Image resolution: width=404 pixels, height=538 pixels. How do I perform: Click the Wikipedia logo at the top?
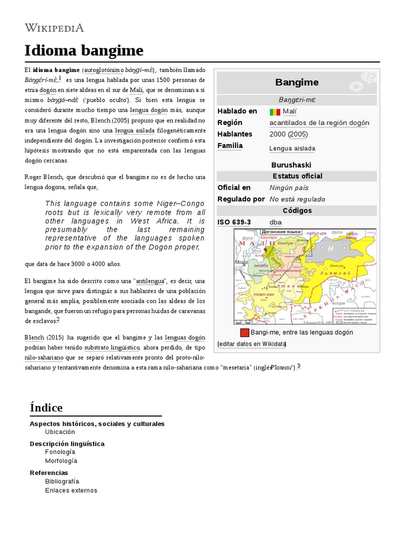[54, 28]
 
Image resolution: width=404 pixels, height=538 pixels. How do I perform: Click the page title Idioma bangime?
[84, 50]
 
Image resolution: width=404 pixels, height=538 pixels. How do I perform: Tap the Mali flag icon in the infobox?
[275, 112]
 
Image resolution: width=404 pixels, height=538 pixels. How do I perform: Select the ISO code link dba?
[276, 222]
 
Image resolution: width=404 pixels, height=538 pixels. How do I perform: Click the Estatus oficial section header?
[297, 176]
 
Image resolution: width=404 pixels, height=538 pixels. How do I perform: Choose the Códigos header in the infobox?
[297, 211]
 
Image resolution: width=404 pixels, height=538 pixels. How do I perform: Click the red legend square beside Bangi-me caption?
[245, 333]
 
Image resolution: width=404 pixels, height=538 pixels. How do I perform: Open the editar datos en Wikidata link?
[251, 344]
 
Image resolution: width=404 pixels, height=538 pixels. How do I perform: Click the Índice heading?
[46, 408]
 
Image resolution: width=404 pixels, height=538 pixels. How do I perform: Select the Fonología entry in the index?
[60, 452]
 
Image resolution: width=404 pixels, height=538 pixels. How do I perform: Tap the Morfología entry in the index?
[61, 461]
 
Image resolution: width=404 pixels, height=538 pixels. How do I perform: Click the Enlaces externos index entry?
[71, 490]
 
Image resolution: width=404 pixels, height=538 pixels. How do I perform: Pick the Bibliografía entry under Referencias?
[62, 481]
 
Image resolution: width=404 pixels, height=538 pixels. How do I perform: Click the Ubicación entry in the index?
[60, 432]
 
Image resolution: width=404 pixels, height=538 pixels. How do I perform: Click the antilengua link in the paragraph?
[151, 281]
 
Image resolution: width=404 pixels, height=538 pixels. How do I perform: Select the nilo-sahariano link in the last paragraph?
[44, 357]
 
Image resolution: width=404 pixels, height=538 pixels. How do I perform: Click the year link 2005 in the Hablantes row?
[298, 134]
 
